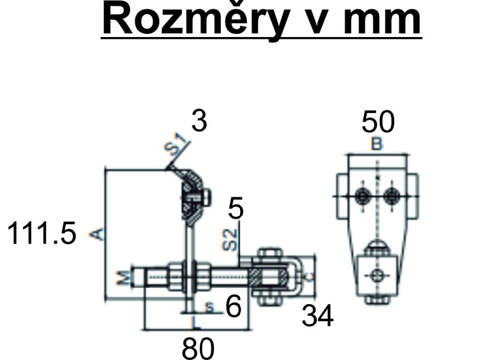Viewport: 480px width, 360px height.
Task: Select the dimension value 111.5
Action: tap(41, 233)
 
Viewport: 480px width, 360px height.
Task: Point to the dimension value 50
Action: tap(378, 122)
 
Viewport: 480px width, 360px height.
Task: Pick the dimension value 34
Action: tap(317, 316)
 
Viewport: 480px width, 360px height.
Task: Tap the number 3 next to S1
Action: tap(199, 122)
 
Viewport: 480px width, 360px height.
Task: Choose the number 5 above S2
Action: tap(236, 209)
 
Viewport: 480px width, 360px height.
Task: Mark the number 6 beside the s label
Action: tap(233, 307)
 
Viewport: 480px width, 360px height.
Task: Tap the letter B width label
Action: tap(376, 145)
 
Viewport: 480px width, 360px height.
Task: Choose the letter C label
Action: tap(307, 277)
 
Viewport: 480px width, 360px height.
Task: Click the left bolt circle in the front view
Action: tap(362, 195)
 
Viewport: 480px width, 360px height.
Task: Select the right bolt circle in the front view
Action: tap(391, 195)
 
